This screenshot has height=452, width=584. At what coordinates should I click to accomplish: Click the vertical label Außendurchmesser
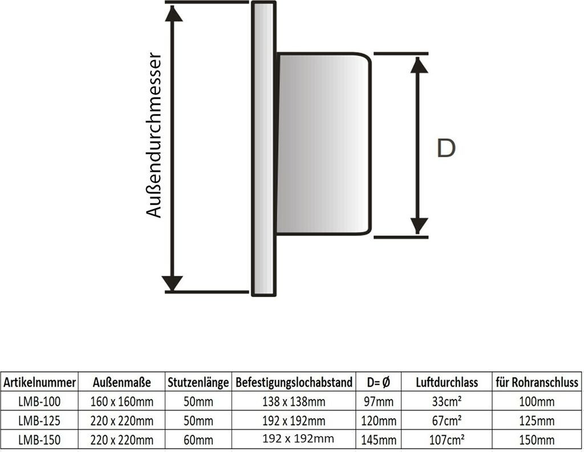pos(154,135)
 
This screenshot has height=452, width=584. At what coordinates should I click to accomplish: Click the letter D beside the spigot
pos(446,148)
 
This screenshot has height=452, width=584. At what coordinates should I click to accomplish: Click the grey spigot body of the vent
pos(322,144)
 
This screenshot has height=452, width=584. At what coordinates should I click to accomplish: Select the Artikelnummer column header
pos(39,382)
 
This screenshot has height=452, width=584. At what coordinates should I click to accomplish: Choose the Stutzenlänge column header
pos(198,382)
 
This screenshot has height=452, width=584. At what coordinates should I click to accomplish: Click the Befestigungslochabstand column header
pos(294,382)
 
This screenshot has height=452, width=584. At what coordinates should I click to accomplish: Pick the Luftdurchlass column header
pos(447,382)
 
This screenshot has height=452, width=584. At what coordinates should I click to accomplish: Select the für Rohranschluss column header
pos(537,382)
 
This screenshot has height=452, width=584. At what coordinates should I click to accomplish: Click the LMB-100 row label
pos(39,402)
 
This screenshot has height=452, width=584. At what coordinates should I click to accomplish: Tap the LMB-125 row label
pos(39,421)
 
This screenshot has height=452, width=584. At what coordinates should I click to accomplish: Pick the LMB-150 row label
pos(39,440)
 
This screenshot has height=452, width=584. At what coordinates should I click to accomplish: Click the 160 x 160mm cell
pos(122,402)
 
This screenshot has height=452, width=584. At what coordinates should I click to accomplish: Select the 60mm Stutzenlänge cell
pos(198,440)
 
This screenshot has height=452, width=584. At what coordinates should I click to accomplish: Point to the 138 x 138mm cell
pos(294,402)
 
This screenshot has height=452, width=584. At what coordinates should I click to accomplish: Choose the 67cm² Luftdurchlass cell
pos(447,421)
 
